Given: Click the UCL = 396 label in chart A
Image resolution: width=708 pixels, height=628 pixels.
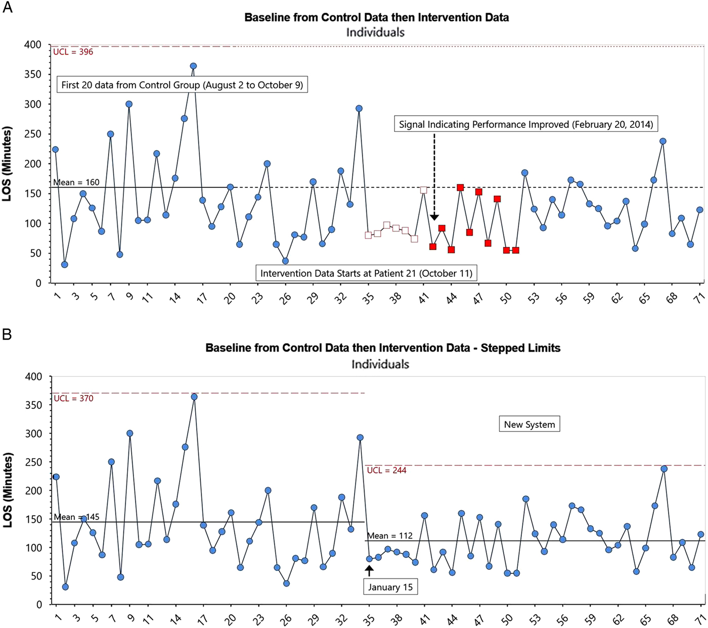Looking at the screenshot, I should (73, 52).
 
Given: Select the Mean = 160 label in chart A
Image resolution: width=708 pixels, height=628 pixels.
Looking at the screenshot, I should (76, 182).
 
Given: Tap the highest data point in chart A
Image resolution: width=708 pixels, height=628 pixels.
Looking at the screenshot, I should (193, 66).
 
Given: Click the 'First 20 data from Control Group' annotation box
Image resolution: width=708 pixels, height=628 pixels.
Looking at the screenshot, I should (182, 85).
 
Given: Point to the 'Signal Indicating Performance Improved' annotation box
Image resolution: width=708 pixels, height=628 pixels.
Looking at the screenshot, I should (526, 124).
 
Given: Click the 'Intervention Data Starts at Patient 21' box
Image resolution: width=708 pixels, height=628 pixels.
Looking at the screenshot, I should (366, 273).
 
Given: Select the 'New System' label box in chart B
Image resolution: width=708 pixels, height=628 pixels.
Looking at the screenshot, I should (529, 424).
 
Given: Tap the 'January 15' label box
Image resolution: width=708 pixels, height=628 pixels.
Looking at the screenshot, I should (390, 587).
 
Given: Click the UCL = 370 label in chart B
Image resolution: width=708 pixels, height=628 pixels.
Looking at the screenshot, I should (74, 399).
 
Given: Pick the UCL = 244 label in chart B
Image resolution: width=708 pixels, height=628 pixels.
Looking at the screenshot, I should (387, 470).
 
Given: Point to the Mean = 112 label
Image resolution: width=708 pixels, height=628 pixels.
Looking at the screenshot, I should (390, 536).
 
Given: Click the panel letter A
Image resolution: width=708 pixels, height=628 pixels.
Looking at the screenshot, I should (8, 8).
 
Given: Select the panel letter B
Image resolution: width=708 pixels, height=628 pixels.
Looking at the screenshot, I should (7, 334).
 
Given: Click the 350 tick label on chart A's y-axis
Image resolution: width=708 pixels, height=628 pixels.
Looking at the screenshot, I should (33, 74).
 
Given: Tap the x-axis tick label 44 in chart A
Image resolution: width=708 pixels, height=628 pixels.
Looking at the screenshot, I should (452, 298).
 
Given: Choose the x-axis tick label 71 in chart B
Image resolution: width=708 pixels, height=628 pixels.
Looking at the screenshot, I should (699, 619).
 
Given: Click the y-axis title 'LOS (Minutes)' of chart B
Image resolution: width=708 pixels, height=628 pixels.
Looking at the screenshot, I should (7, 490).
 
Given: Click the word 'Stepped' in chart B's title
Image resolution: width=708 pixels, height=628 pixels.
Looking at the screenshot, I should (501, 348).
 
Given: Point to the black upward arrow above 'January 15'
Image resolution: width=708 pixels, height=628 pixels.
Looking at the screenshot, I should (370, 570).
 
